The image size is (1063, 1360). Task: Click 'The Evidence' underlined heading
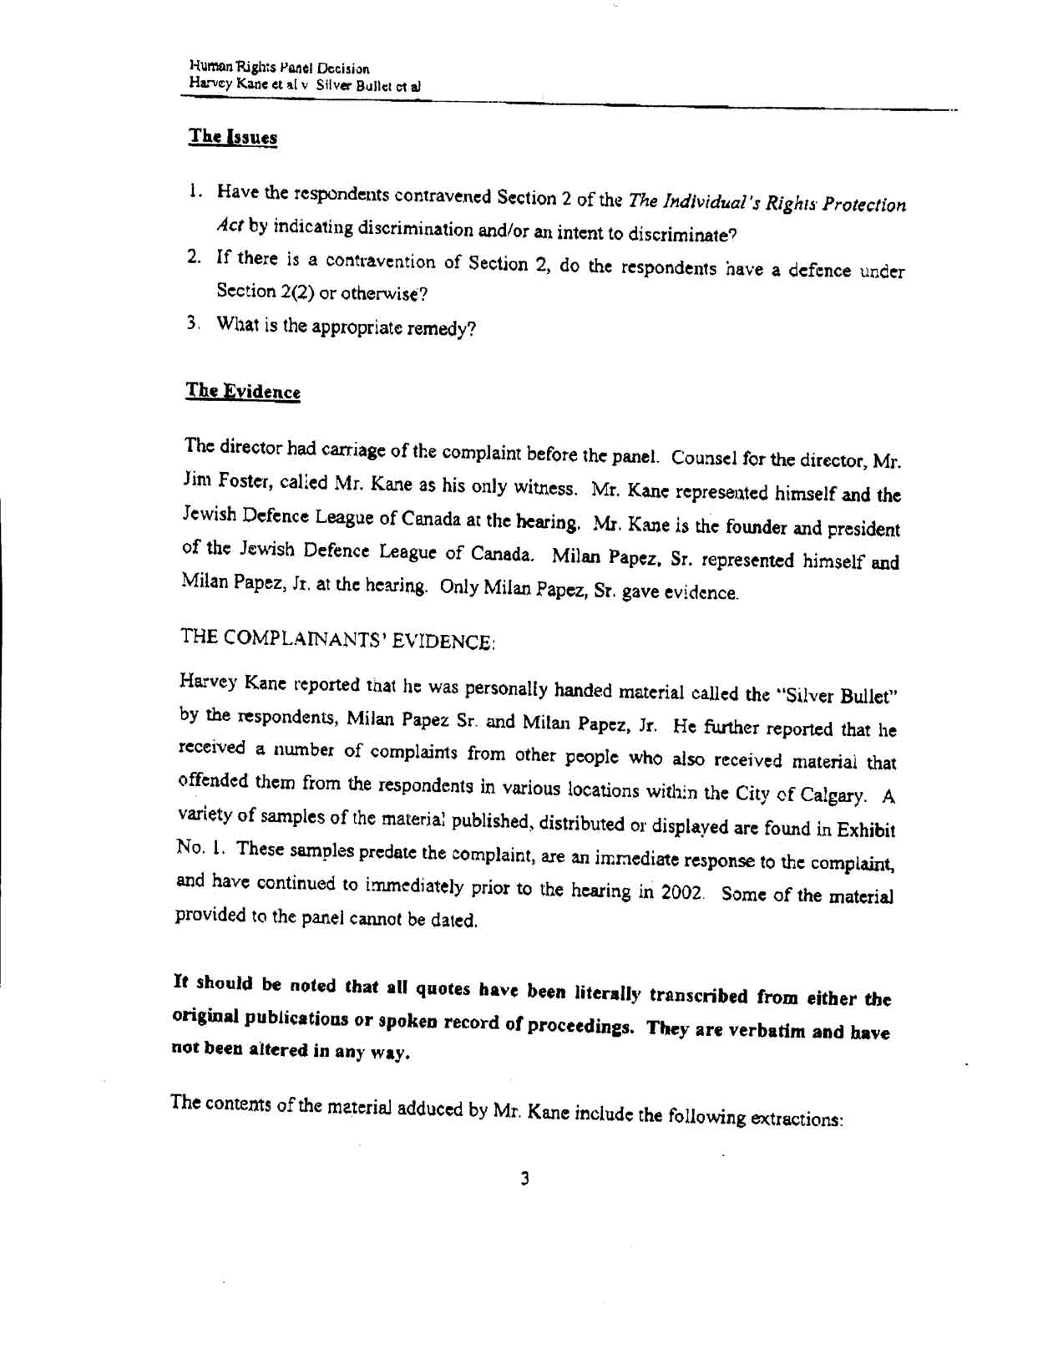(242, 391)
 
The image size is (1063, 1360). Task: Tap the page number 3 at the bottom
(524, 1179)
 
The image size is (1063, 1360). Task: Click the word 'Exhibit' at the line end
(866, 830)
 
